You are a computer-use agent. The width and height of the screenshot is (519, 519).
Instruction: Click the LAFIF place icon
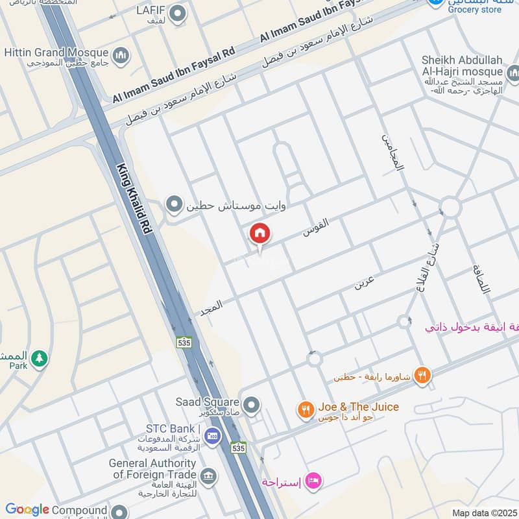coord(178,12)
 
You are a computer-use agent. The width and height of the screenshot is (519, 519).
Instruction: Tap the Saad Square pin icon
coord(252,405)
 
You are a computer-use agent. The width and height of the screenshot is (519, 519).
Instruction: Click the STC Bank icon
coord(212,435)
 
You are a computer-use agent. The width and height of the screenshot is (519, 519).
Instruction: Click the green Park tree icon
coord(40,357)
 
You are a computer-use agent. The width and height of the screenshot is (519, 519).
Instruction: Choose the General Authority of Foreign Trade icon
coord(208,476)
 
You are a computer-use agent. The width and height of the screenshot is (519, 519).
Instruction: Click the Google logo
coord(27,510)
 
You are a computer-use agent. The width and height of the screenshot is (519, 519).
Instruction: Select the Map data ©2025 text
coord(483,513)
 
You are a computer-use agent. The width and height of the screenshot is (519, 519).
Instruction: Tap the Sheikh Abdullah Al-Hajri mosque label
coord(462,65)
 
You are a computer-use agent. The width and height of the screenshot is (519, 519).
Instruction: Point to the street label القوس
coord(316,226)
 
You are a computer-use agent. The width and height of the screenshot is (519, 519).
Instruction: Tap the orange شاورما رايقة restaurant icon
coord(422,375)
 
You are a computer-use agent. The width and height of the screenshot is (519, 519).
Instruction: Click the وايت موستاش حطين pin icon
coord(174,206)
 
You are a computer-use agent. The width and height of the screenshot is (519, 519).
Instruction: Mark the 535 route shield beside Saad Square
coord(238,448)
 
